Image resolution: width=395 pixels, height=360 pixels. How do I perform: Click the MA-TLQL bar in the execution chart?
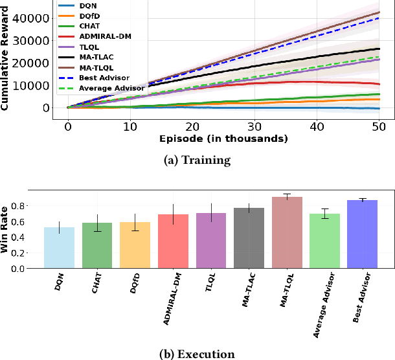(x=287, y=232)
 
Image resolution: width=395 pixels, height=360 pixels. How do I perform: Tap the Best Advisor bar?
(x=363, y=234)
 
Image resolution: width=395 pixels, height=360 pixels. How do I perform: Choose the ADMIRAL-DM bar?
(x=173, y=241)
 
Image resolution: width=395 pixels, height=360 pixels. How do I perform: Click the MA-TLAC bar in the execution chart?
(x=249, y=238)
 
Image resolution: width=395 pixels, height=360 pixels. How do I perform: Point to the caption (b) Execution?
(x=198, y=354)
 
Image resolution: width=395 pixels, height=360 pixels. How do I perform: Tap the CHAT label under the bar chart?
(x=97, y=285)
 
